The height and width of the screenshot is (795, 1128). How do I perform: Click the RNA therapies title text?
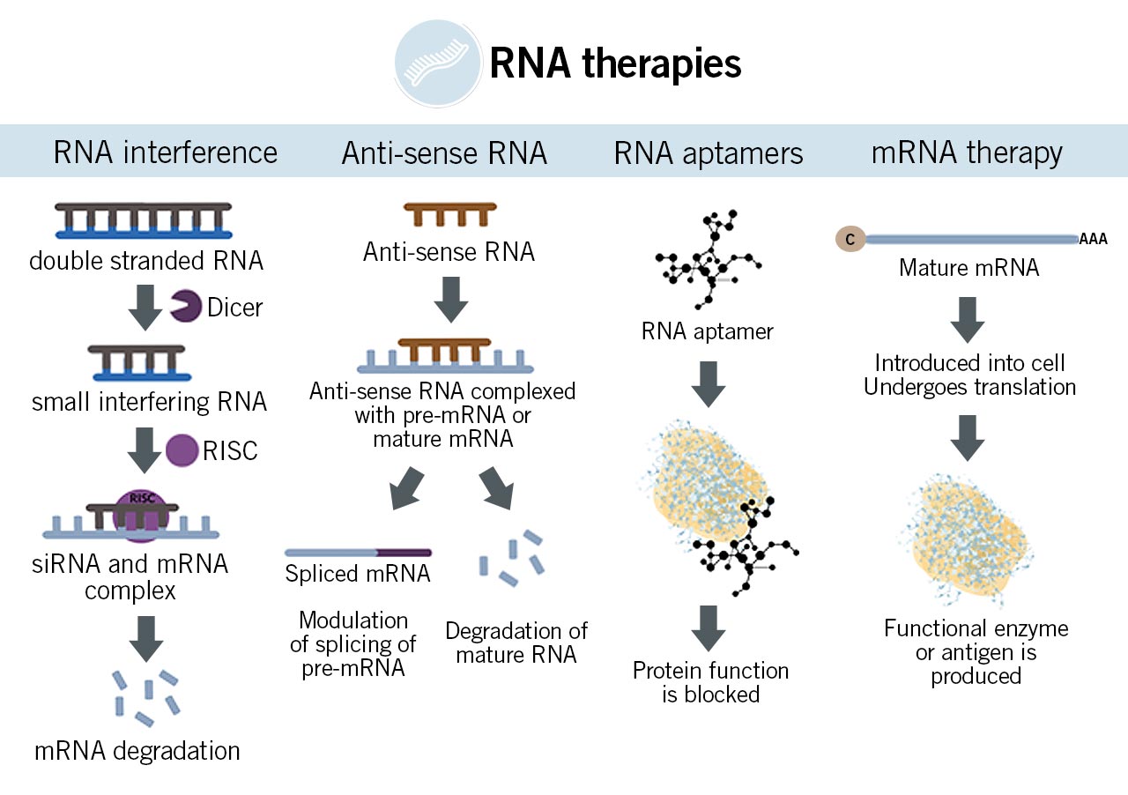615,64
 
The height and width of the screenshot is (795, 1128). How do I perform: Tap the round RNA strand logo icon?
438,63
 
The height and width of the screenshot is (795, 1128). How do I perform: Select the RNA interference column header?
166,152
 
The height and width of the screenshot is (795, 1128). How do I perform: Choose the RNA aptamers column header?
709,153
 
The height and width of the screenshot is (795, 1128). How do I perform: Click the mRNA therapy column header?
967,152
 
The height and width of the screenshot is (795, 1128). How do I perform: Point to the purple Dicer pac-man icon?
184,306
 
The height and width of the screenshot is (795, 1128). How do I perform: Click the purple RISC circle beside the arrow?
182,450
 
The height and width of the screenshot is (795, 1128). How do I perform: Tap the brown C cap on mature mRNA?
850,238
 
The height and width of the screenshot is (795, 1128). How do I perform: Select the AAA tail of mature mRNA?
1094,239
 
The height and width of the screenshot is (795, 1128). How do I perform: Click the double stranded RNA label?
146,262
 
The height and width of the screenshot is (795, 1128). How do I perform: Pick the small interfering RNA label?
149,403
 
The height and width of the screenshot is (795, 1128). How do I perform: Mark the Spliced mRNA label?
358,574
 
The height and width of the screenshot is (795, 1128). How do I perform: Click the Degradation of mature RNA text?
516,643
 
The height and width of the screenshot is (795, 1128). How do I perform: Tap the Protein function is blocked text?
710,682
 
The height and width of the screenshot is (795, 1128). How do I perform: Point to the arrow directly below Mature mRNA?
968,319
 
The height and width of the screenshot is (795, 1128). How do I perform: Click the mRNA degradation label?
137,751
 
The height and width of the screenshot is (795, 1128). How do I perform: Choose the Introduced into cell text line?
970,363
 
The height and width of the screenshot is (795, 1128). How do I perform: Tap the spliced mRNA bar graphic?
358,553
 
